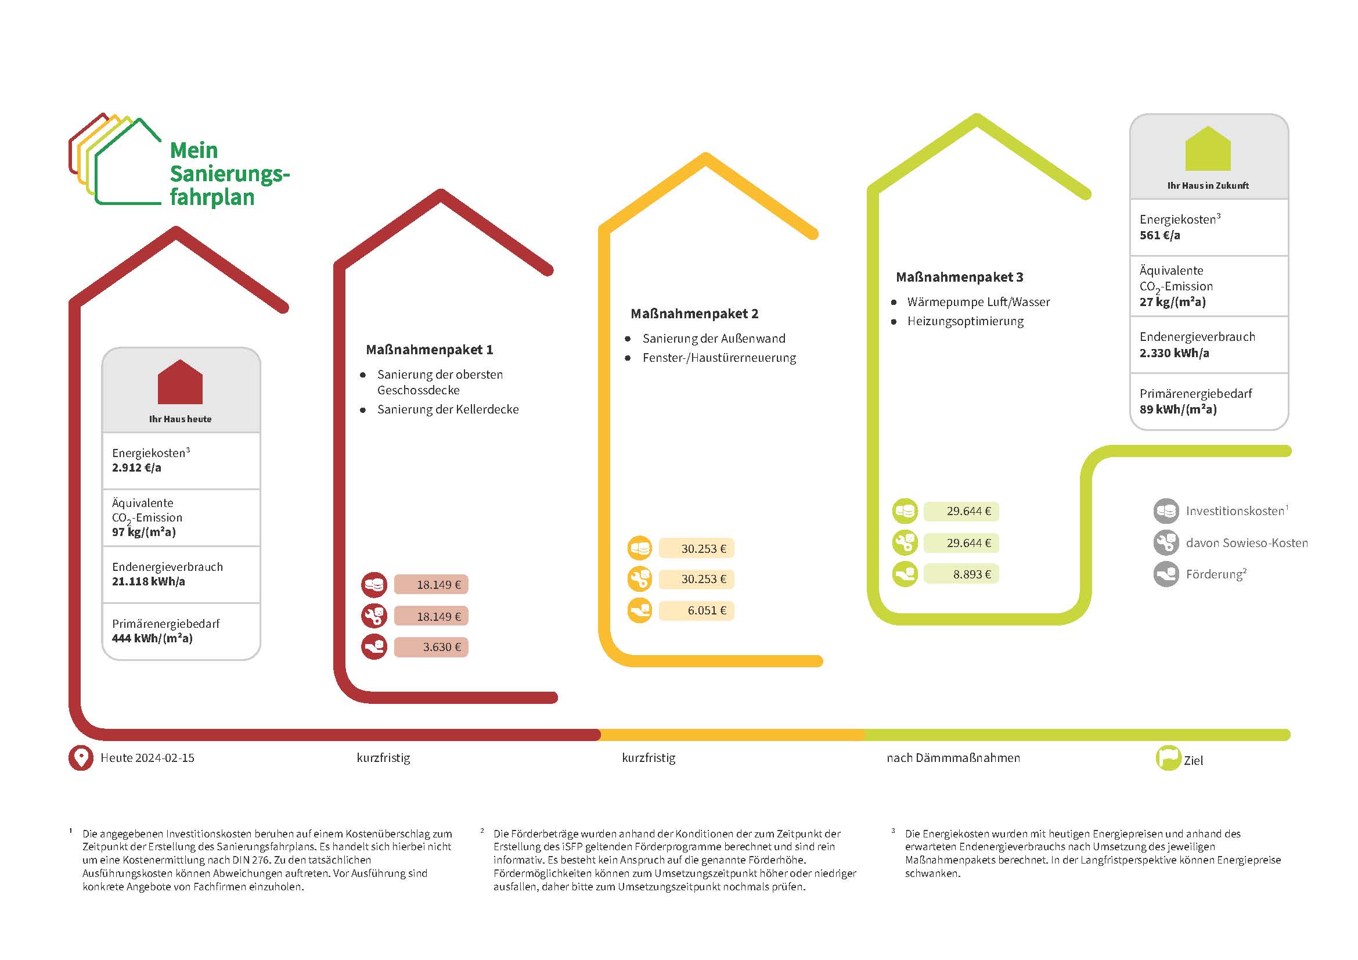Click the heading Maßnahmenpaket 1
430,350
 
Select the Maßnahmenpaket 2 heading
694,314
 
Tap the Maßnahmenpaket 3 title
959,277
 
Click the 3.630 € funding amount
431,647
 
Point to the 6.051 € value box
696,610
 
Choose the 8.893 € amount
961,574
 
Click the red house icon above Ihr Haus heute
181,382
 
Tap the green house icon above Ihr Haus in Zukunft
1208,149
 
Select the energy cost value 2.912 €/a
136,468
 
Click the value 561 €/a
1160,235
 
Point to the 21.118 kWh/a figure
149,581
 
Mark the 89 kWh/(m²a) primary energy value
1178,409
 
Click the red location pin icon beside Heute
81,758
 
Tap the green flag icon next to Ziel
1168,758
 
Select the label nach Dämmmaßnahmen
953,758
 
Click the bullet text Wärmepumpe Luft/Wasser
979,302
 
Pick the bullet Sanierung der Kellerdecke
448,409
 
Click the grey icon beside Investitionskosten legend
1166,511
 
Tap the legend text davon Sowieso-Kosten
1247,543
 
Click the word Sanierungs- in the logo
229,174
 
